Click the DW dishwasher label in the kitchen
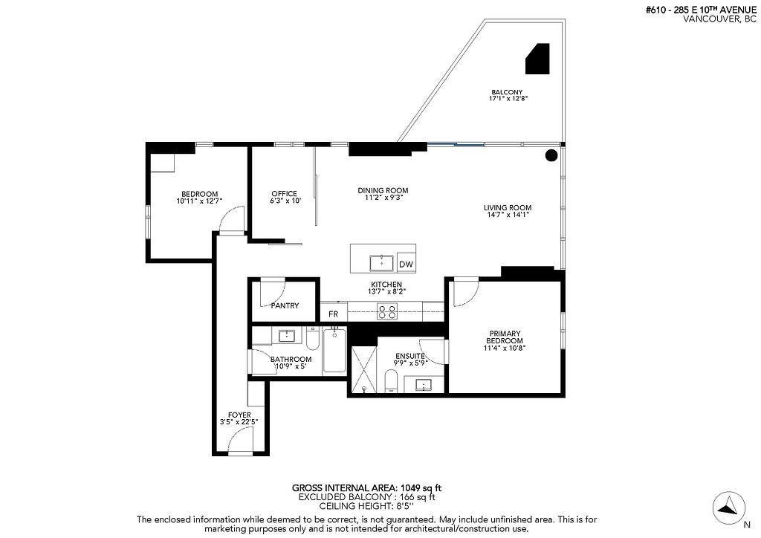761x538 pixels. pyautogui.click(x=406, y=265)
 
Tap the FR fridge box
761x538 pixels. pyautogui.click(x=334, y=314)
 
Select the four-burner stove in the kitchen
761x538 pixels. pyautogui.click(x=386, y=312)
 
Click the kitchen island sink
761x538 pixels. pyautogui.click(x=382, y=262)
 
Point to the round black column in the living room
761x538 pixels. pyautogui.click(x=551, y=155)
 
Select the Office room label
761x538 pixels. pyautogui.click(x=284, y=194)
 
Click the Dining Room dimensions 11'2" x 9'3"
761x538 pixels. pyautogui.click(x=383, y=198)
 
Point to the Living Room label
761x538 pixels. pyautogui.click(x=508, y=208)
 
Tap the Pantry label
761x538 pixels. pyautogui.click(x=285, y=305)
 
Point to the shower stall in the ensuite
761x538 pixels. pyautogui.click(x=363, y=369)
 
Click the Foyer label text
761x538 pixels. pyautogui.click(x=239, y=415)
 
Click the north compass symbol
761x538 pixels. pyautogui.click(x=728, y=508)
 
